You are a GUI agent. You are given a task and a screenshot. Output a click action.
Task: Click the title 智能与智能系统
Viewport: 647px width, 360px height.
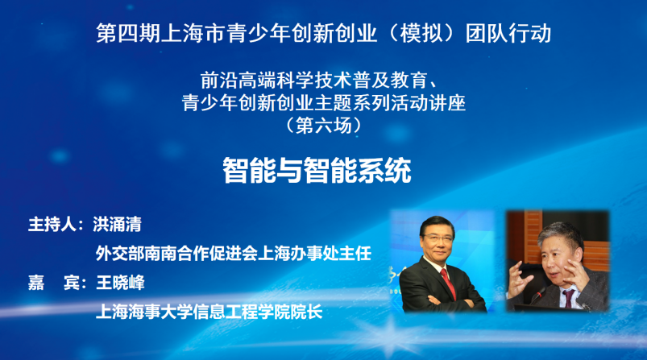[x=317, y=170]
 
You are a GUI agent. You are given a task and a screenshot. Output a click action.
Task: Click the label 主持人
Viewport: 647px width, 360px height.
[x=52, y=225]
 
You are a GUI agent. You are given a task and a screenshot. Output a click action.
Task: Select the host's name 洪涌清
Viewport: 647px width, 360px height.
[x=117, y=225]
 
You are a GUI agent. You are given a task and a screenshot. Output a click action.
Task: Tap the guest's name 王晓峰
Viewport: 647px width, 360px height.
[x=120, y=283]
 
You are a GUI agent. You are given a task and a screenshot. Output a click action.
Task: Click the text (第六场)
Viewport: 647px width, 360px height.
[x=324, y=126]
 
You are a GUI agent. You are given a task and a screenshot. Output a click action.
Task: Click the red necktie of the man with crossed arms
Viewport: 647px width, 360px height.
[x=448, y=283]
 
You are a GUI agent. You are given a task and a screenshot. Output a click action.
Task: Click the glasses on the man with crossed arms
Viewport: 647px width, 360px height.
[x=437, y=238]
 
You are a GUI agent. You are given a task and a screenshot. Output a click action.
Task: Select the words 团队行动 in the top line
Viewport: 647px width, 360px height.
[x=508, y=33]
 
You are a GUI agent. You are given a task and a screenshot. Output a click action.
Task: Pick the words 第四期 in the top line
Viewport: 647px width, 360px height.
[x=128, y=33]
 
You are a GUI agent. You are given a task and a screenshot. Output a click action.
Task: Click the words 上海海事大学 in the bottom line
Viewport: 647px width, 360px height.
[x=144, y=312]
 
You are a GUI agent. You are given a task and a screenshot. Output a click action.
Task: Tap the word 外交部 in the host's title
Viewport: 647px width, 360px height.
[x=120, y=253]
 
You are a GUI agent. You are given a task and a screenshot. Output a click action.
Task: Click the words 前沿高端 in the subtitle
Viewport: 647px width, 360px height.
[x=238, y=80]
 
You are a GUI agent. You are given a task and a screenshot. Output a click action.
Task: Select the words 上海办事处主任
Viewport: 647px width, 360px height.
[x=314, y=253]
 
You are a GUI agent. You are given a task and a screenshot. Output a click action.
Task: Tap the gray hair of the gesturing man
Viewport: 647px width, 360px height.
[x=560, y=232]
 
